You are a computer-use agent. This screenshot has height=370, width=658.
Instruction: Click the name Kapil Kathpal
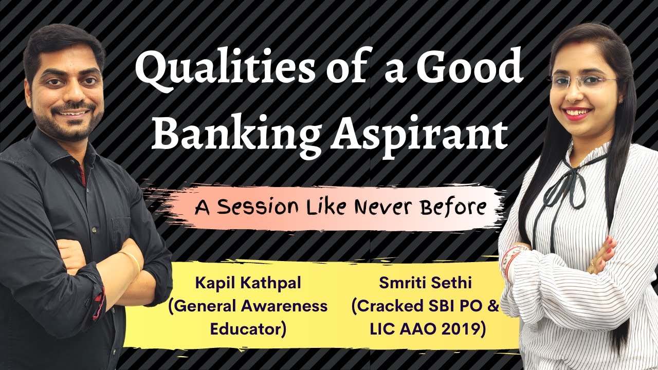[247, 283]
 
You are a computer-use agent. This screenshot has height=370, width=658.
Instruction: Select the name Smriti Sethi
[417, 283]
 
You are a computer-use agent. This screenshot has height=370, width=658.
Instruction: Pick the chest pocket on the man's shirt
[120, 226]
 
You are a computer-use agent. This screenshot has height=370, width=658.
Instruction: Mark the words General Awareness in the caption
[247, 306]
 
